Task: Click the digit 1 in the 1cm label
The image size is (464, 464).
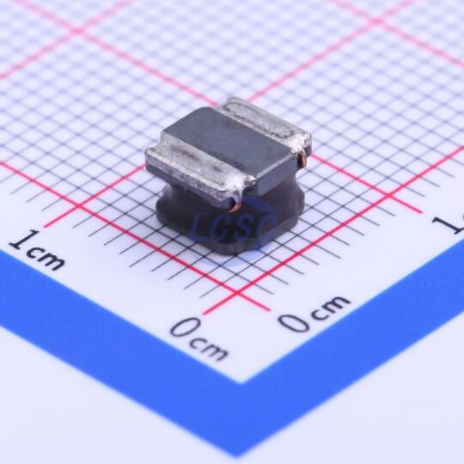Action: pos(23,240)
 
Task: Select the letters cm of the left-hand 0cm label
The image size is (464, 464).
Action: pos(210,350)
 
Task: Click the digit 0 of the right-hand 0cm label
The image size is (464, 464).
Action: pos(295,321)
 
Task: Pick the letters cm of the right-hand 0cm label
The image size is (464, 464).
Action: pos(331,307)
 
